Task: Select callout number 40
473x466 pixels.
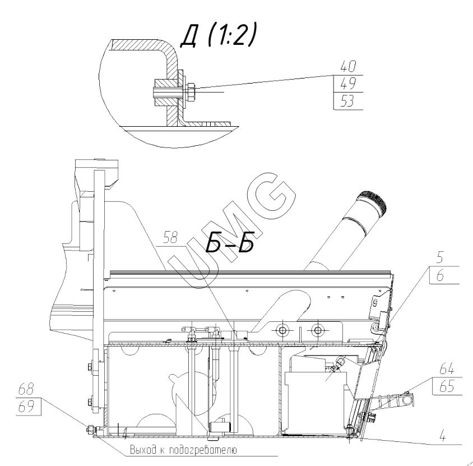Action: click(348, 66)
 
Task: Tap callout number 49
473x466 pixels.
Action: click(348, 84)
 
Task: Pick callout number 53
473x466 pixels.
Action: click(347, 101)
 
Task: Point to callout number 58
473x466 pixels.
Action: click(170, 238)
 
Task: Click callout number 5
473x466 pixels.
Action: click(440, 257)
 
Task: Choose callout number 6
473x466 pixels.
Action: click(440, 275)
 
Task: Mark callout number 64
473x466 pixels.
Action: click(447, 369)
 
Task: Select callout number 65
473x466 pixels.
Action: click(447, 386)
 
